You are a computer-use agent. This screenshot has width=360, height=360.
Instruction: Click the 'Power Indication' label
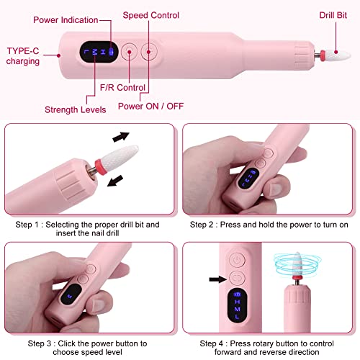pos(66,20)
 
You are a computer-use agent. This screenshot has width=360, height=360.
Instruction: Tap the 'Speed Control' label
pos(151,15)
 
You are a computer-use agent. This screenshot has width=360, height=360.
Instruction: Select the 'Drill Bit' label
pos(333,15)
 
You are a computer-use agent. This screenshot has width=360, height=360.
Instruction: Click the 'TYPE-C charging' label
pos(23,56)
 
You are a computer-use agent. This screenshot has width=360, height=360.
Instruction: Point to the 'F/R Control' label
pos(122,88)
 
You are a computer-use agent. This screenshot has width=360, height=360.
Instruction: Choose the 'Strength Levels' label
pos(76,109)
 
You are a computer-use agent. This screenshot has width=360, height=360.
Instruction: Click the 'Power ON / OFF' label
pos(151,106)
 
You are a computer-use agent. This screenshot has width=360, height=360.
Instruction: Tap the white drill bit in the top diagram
pos(338,55)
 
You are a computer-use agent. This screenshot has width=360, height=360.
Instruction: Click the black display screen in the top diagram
pos(99,52)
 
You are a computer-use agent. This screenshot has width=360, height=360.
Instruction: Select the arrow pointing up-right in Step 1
pos(121,137)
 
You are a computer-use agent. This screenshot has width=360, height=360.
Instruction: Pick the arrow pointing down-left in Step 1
pos(115,181)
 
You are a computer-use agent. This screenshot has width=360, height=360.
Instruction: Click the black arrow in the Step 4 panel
pos(218,279)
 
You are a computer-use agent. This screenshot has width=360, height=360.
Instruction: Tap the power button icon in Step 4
pos(237,260)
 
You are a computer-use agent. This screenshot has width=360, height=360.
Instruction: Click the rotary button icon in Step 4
pos(237,278)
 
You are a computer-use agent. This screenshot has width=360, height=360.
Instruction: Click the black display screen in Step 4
pos(237,306)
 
